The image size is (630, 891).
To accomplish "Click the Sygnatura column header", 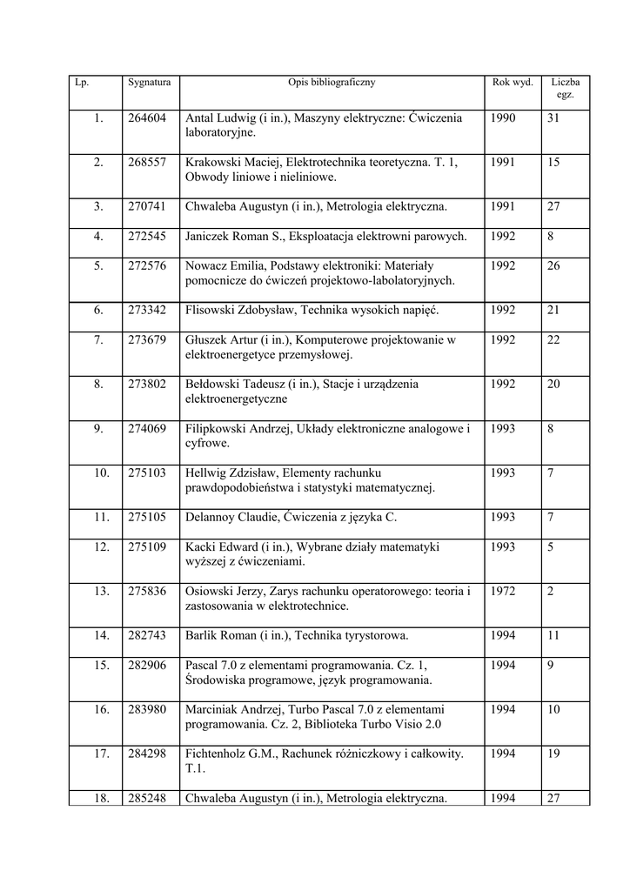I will pos(149,83).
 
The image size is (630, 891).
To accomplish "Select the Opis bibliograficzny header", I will pos(332,83).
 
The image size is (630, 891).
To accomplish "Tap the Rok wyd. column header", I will pos(513,83).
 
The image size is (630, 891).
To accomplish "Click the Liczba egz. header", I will pos(565,88).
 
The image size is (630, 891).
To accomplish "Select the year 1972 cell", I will pos(503,591).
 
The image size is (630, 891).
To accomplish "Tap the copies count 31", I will pos(553,118).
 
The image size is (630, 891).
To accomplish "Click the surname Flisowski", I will pos(209,310).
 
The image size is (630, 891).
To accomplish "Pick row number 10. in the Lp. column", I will pos(102,472).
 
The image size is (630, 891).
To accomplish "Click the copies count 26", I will pos(553,265).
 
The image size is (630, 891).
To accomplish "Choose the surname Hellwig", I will pos(206,472).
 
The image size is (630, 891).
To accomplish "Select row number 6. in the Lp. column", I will pos(98,310).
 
